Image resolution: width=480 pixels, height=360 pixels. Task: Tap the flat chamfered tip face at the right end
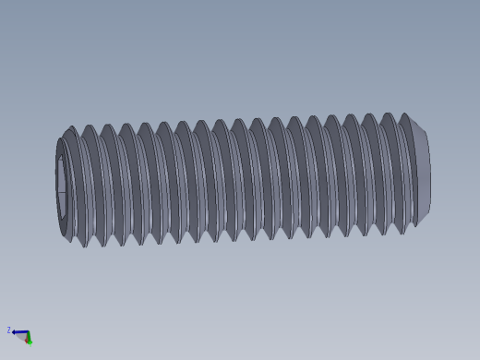423,174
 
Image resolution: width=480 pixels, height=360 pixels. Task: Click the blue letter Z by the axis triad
9,330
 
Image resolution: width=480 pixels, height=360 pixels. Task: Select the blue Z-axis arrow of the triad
18,332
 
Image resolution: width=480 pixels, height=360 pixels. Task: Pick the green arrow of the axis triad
29,339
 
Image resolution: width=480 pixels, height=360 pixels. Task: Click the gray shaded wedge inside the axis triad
22,337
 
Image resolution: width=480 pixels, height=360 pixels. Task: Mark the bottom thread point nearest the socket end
86,246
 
